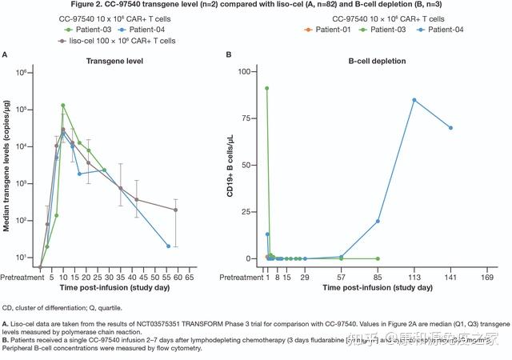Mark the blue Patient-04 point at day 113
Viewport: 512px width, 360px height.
click(x=414, y=100)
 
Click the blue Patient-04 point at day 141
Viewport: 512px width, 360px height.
click(x=450, y=128)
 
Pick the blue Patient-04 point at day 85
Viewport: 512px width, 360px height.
click(x=378, y=222)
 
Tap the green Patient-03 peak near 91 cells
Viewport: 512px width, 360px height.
click(x=267, y=88)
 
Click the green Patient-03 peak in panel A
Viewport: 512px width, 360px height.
click(x=62, y=105)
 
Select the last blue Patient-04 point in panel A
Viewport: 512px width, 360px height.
click(x=168, y=246)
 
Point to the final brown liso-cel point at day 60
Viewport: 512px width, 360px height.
click(x=175, y=210)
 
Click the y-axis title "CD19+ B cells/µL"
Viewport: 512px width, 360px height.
click(x=231, y=165)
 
